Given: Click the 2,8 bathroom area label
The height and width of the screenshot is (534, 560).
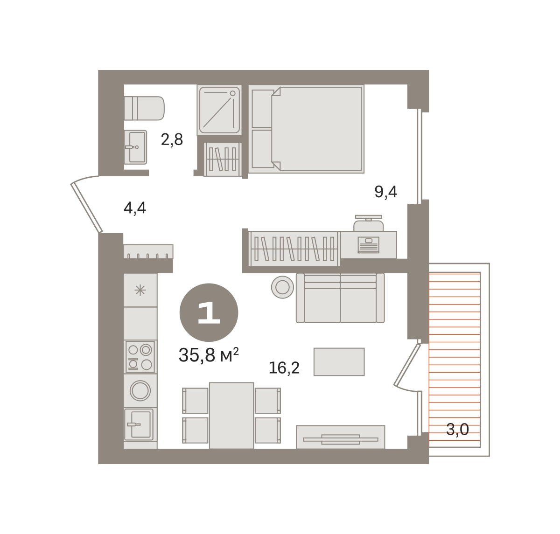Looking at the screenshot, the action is click(172, 140).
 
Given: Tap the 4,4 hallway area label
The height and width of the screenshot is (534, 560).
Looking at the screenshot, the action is click(135, 208).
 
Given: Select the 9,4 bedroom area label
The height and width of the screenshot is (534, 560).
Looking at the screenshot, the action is click(385, 192).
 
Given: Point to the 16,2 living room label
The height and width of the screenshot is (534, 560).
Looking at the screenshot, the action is click(284, 368).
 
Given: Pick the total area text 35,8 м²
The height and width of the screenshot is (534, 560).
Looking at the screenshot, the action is click(209, 355).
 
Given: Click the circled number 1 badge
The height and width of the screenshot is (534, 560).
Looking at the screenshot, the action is click(209, 312).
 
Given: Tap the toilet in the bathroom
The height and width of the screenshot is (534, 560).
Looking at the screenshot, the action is click(144, 108).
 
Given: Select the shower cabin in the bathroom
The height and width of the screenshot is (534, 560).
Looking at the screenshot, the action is click(219, 110).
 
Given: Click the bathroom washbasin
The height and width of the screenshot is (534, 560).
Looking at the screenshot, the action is click(136, 147).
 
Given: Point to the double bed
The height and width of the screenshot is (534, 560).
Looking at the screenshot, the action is click(307, 129).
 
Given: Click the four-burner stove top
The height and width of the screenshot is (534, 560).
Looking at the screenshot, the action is click(140, 357).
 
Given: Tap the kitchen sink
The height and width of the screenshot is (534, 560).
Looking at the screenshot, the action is click(139, 424).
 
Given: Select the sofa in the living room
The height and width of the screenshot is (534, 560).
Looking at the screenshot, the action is click(340, 298).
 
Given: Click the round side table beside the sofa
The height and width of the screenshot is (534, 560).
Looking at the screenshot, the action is click(282, 287).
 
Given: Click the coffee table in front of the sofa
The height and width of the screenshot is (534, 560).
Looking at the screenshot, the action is click(339, 362).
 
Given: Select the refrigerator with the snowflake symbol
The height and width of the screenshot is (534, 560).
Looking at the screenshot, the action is click(140, 291).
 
